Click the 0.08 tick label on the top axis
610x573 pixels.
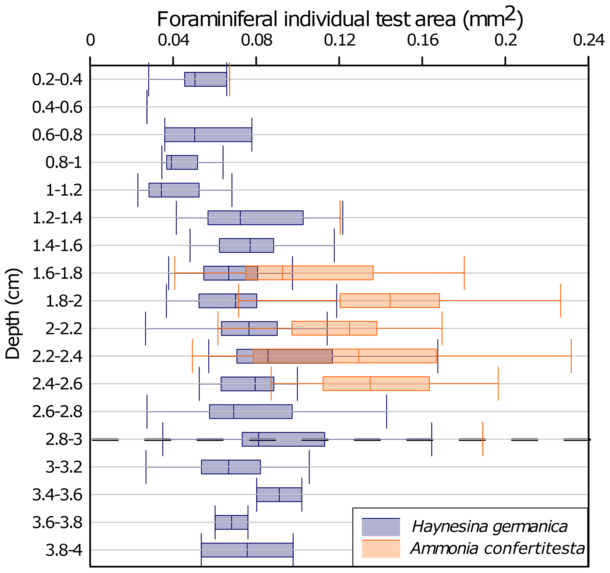tap(256, 40)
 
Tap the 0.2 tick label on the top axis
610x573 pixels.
tap(505, 40)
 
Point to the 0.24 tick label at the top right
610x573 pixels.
tap(588, 40)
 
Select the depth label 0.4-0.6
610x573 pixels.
tap(57, 107)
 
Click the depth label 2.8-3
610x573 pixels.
tap(64, 440)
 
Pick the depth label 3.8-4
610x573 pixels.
tap(64, 550)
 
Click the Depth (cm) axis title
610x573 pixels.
tap(13, 313)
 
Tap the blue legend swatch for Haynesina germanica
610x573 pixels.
tap(381, 527)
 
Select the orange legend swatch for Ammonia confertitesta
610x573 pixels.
tap(381, 548)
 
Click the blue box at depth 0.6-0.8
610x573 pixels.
tap(208, 134)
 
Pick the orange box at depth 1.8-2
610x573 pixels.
tap(389, 301)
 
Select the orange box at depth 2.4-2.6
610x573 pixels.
tap(376, 384)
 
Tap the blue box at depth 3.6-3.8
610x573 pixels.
tap(231, 522)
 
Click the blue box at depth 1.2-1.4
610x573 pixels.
tap(255, 218)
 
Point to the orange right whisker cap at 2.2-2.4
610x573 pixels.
tap(571, 356)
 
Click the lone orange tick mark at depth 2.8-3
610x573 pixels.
tap(483, 439)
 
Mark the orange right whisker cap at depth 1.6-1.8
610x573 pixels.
tap(464, 272)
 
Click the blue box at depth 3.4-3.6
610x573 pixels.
tap(279, 494)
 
